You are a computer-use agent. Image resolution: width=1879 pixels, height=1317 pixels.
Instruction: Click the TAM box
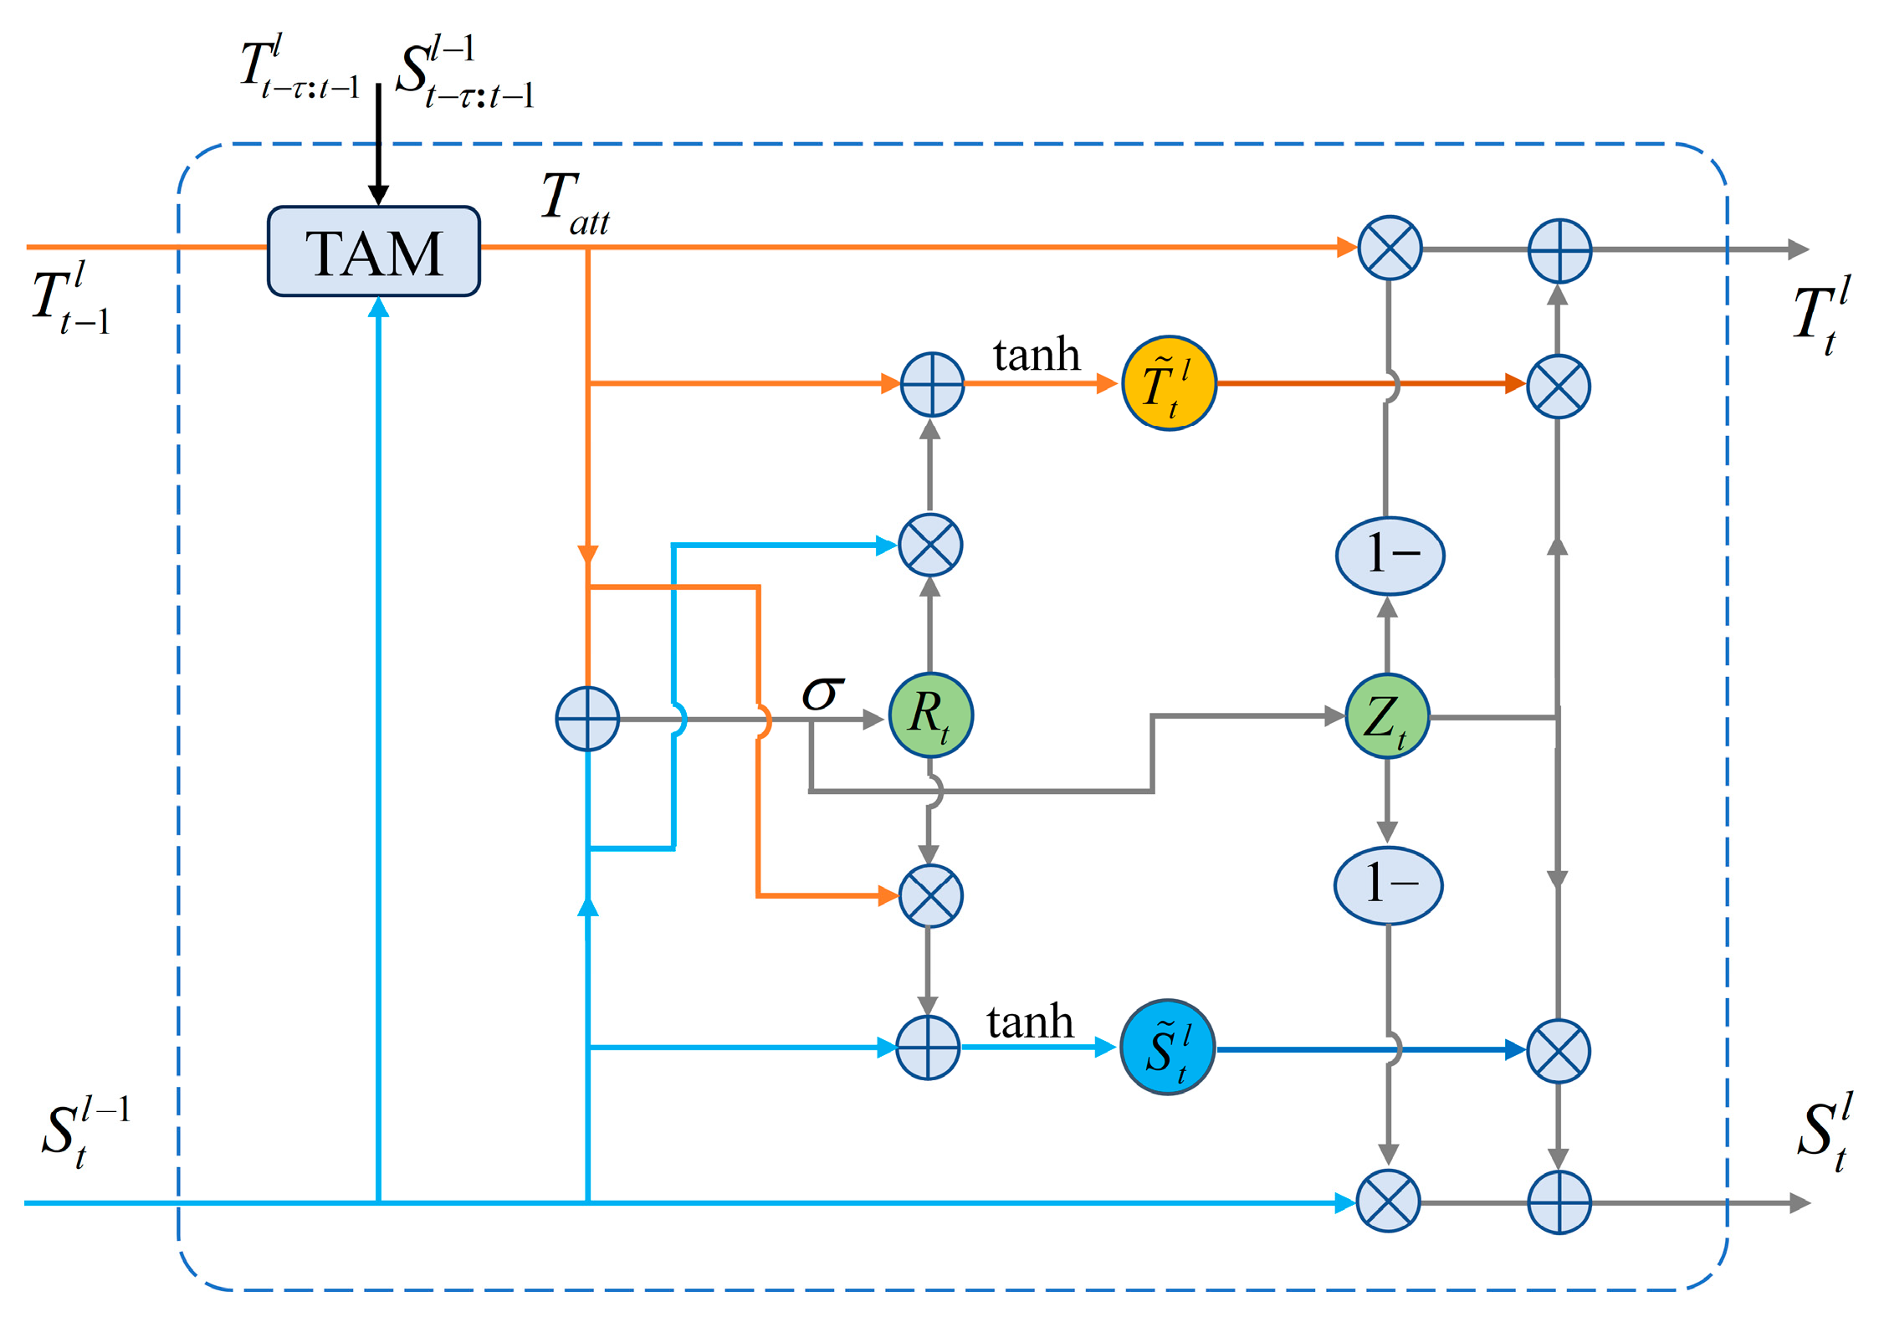pos(373,251)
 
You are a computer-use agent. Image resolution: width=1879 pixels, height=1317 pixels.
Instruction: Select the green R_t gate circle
pos(930,715)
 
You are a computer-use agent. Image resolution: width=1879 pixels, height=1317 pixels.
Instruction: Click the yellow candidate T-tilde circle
pos(1169,384)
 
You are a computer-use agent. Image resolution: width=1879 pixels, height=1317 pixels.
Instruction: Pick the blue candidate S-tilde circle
pos(1167,1048)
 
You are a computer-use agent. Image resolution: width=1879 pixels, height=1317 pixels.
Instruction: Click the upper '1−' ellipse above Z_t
pos(1390,556)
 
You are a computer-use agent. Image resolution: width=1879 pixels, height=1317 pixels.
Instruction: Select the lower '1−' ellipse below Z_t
pos(1388,885)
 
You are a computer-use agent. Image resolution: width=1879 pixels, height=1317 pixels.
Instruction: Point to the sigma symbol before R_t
pos(822,694)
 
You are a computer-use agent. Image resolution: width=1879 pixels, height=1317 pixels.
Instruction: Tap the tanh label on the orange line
pos(1036,355)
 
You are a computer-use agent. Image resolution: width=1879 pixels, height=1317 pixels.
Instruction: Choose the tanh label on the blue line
pos(1029,1022)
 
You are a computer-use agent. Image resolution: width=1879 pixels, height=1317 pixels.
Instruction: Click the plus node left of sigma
pos(587,719)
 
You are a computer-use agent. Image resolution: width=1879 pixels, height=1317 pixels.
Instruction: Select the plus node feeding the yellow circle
pos(932,384)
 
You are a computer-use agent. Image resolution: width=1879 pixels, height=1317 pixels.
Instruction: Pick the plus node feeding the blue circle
pos(928,1048)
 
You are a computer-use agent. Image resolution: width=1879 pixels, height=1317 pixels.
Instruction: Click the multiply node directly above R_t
pos(930,545)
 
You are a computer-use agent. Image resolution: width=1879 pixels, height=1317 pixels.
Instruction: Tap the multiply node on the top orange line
pos(1390,248)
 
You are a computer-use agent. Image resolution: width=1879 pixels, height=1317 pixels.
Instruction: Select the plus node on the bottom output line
pos(1559,1202)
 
